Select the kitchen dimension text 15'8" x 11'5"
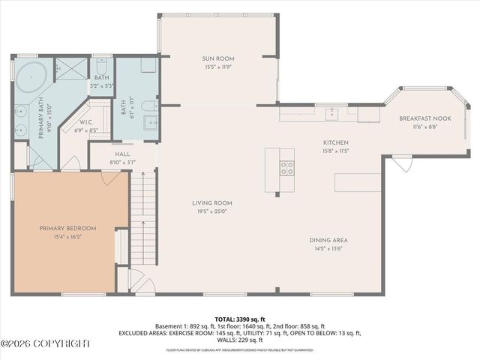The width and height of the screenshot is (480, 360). click(335, 151)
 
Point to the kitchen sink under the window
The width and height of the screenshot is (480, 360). click(331, 114)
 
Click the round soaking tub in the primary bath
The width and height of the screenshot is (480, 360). click(32, 77)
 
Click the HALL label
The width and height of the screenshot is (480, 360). click(122, 154)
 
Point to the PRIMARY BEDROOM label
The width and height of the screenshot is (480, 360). click(68, 228)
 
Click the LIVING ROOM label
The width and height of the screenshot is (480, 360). click(211, 202)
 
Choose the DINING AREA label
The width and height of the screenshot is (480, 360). click(328, 240)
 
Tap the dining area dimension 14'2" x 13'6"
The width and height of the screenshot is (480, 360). click(328, 250)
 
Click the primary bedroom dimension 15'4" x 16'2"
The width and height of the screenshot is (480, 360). click(68, 237)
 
